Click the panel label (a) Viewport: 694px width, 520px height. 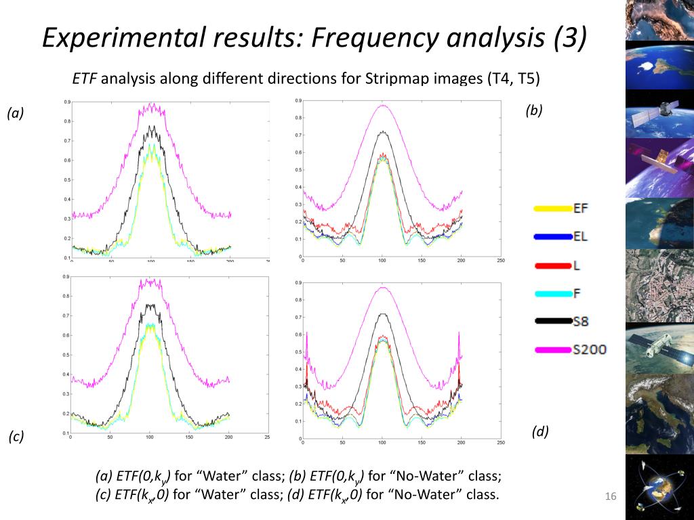tap(16, 114)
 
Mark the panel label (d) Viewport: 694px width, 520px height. tap(539, 431)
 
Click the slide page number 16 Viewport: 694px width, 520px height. tap(611, 498)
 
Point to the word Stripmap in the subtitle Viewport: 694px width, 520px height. tap(396, 79)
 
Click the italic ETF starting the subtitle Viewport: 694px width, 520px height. tap(85, 79)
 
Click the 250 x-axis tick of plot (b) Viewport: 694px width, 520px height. tap(500, 261)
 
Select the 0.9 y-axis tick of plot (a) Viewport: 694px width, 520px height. tap(66, 102)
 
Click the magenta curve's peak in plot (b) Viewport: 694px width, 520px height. tap(383, 105)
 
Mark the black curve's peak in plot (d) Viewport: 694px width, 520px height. tap(383, 313)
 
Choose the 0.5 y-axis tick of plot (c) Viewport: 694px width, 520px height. tap(66, 355)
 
